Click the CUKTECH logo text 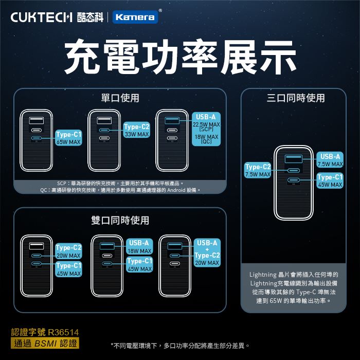(43, 17)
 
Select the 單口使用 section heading (120, 98)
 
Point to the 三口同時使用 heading (296, 98)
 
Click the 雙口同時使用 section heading (120, 220)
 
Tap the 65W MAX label (68, 142)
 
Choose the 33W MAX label (137, 134)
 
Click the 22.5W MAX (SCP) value (206, 127)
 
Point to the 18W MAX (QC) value (206, 139)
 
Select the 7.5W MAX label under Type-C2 (258, 175)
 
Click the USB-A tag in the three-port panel (330, 156)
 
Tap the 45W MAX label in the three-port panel (330, 185)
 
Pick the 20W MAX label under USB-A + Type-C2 (207, 263)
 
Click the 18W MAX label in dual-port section (139, 251)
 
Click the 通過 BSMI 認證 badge (45, 343)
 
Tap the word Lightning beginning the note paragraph (263, 274)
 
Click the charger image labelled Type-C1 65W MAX (37, 140)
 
